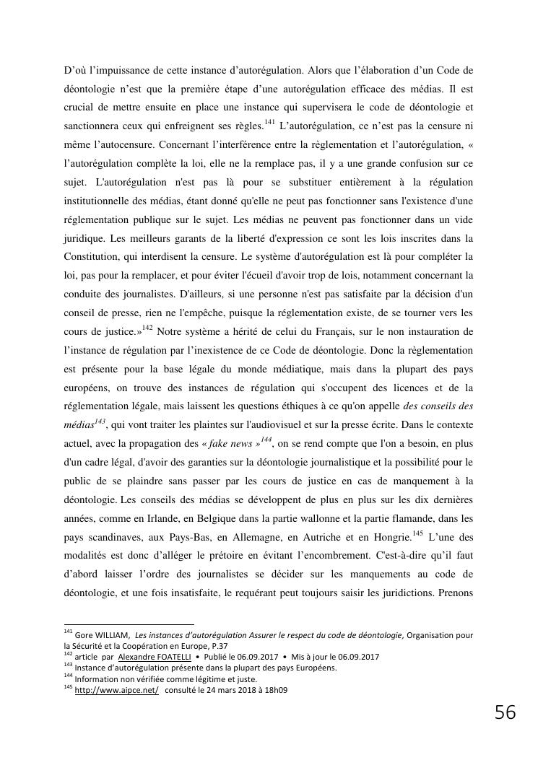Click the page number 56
point(505,713)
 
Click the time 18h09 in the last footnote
point(274,690)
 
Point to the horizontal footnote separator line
point(129,624)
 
